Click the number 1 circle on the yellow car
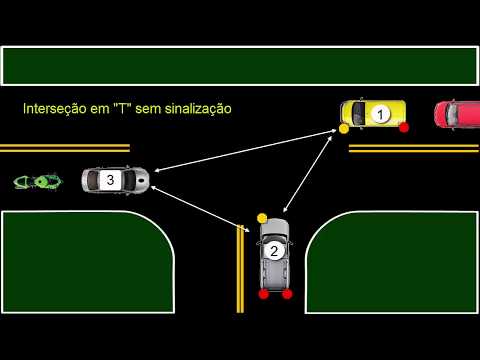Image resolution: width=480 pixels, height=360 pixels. tap(379, 115)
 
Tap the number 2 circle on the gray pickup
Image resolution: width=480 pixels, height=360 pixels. tap(274, 252)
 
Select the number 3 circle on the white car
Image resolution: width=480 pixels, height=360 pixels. tap(110, 180)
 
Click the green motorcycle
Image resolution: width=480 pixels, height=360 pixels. tap(35, 182)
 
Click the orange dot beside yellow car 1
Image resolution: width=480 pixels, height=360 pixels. tap(344, 129)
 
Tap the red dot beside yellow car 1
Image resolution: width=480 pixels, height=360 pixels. tap(404, 128)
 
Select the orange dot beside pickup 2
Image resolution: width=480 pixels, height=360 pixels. tap(262, 217)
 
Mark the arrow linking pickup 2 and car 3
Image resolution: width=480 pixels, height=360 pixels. tap(200, 198)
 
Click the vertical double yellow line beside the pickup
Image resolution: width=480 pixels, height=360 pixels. tap(240, 268)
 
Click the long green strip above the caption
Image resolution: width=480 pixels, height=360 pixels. tap(240, 65)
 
